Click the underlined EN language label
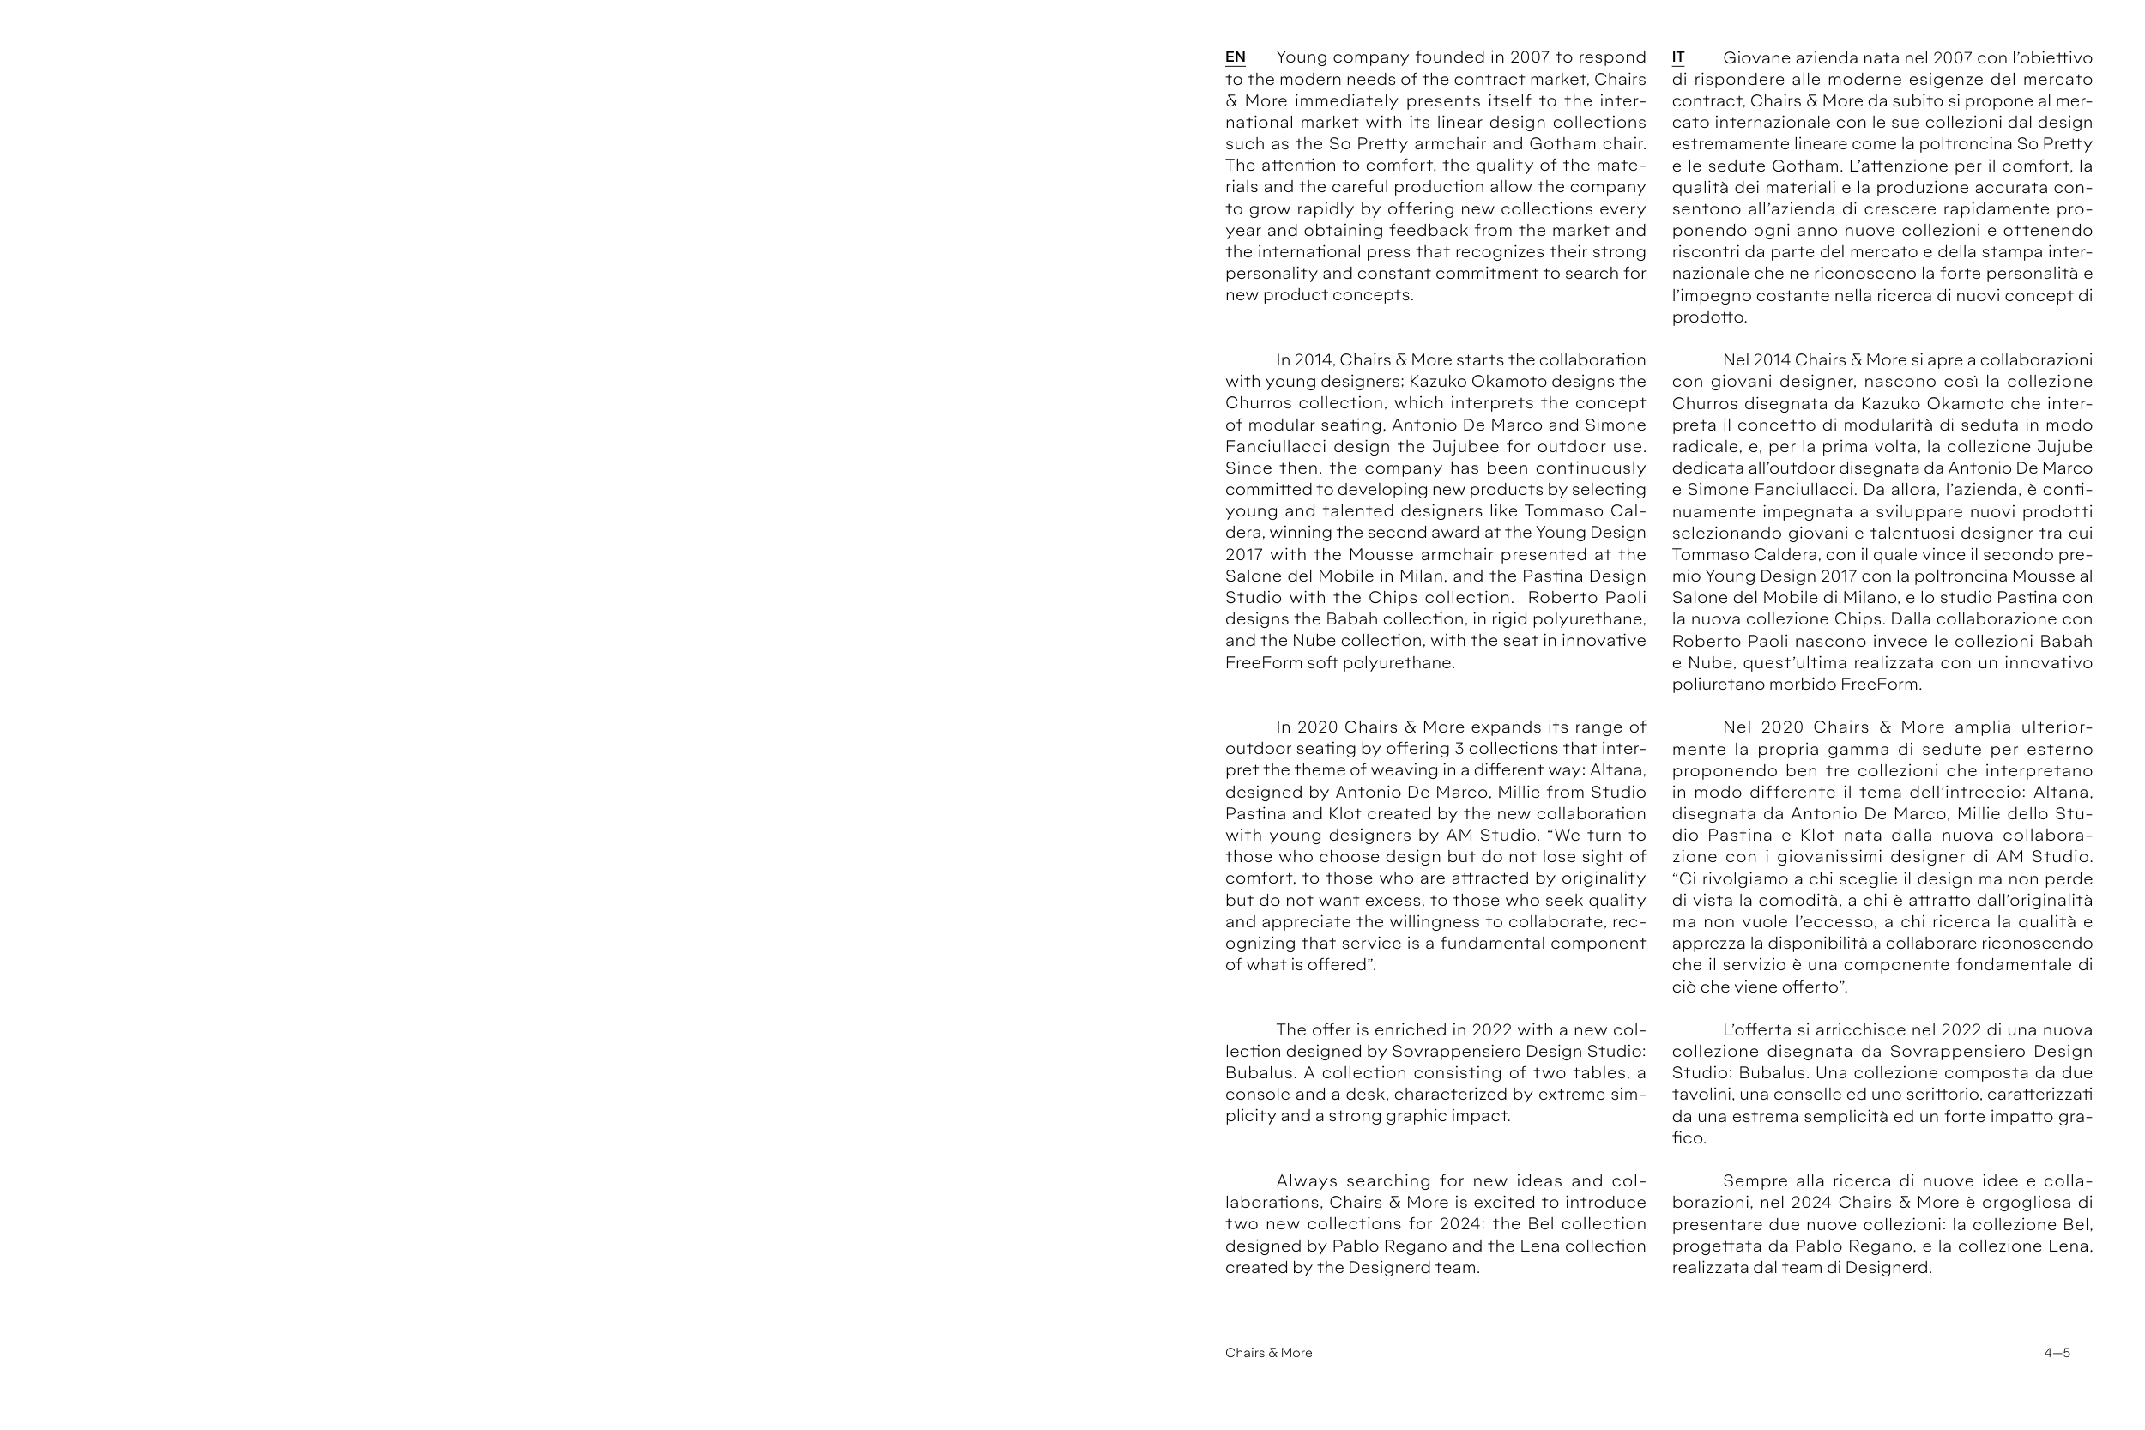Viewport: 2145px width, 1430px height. (x=1235, y=57)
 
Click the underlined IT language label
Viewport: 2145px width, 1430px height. (x=1678, y=57)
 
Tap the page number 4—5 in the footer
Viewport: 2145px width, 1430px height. (x=2057, y=1353)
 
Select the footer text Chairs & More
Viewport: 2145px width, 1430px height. (x=1269, y=1353)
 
